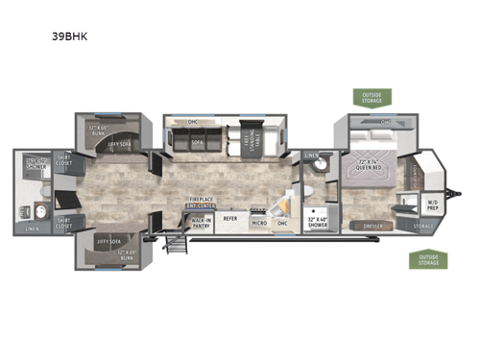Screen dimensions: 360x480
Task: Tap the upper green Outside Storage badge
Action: (x=372, y=97)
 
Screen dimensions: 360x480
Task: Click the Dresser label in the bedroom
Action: (x=374, y=226)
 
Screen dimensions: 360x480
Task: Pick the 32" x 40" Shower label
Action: (x=316, y=221)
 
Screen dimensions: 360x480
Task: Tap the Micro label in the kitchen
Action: (x=258, y=223)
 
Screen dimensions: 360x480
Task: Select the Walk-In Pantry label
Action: (x=202, y=220)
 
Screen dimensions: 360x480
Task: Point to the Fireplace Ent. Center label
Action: (x=201, y=204)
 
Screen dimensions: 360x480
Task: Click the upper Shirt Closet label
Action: (x=64, y=160)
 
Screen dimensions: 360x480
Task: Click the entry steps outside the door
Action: (x=177, y=242)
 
